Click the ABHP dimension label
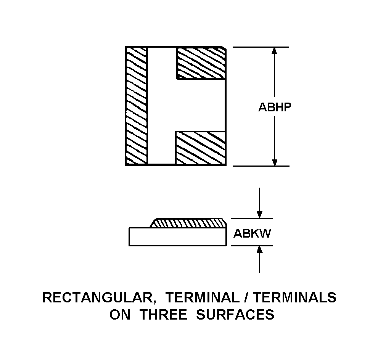[275, 107]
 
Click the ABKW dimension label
[252, 233]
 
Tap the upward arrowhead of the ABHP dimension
[274, 50]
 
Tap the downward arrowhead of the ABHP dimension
[274, 162]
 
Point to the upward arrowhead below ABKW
[259, 249]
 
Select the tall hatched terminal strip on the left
[136, 106]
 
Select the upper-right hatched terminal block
[201, 63]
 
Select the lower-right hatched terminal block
[201, 148]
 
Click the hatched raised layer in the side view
[188, 223]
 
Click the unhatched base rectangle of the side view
[178, 236]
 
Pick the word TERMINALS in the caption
[294, 297]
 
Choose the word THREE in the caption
[163, 315]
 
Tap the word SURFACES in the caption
[235, 315]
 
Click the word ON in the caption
[120, 315]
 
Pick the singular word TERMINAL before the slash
[202, 297]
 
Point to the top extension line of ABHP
[261, 47]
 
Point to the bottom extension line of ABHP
[261, 166]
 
